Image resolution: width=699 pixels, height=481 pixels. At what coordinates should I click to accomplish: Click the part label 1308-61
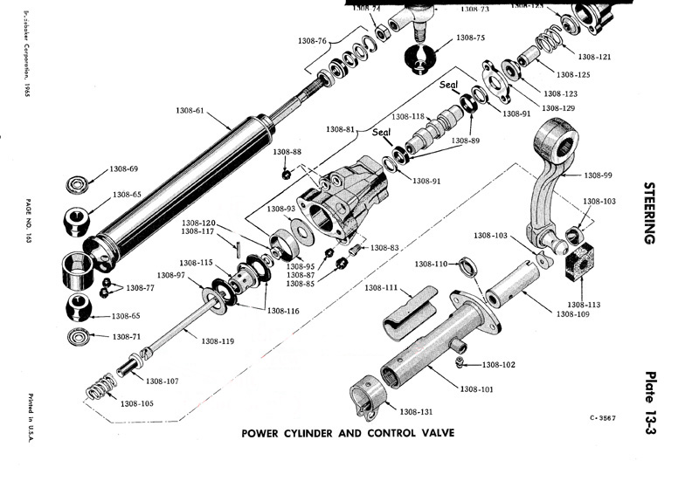pyautogui.click(x=185, y=111)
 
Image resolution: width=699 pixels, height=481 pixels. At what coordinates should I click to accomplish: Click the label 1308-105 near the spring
pyautogui.click(x=138, y=403)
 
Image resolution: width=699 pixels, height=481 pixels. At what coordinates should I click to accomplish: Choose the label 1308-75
pyautogui.click(x=469, y=38)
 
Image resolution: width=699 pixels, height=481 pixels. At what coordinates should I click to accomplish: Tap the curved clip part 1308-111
pyautogui.click(x=412, y=310)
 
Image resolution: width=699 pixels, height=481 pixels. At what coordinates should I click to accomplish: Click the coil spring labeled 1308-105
pyautogui.click(x=102, y=387)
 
